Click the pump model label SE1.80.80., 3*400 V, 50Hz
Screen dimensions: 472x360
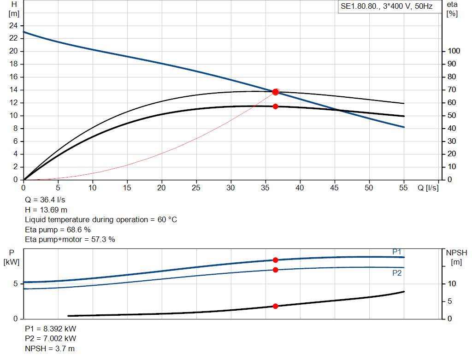[x=387, y=6]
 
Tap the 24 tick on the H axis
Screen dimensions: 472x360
[x=13, y=26]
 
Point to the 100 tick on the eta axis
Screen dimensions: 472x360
[x=454, y=51]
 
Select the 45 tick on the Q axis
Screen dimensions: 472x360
[x=334, y=188]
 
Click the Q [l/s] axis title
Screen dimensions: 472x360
[x=428, y=188]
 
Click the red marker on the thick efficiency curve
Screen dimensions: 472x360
[x=276, y=106]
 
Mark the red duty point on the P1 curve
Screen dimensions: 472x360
[x=276, y=260]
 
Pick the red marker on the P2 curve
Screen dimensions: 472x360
[x=276, y=270]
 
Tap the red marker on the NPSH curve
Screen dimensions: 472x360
[x=276, y=306]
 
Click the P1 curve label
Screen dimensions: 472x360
[x=397, y=252]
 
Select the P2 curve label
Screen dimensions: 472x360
[x=397, y=273]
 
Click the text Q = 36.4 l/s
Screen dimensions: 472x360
[x=45, y=200]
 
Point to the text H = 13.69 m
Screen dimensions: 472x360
[x=46, y=210]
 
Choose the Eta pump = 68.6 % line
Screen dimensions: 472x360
[x=58, y=230]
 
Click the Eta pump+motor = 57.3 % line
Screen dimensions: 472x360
[x=70, y=240]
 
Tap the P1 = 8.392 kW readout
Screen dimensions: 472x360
[x=51, y=329]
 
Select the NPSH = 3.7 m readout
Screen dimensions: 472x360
[x=50, y=348]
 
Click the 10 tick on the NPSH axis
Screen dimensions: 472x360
[x=452, y=283]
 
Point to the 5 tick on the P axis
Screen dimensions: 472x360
[x=16, y=283]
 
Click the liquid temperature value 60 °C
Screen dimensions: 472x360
[x=167, y=220]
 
